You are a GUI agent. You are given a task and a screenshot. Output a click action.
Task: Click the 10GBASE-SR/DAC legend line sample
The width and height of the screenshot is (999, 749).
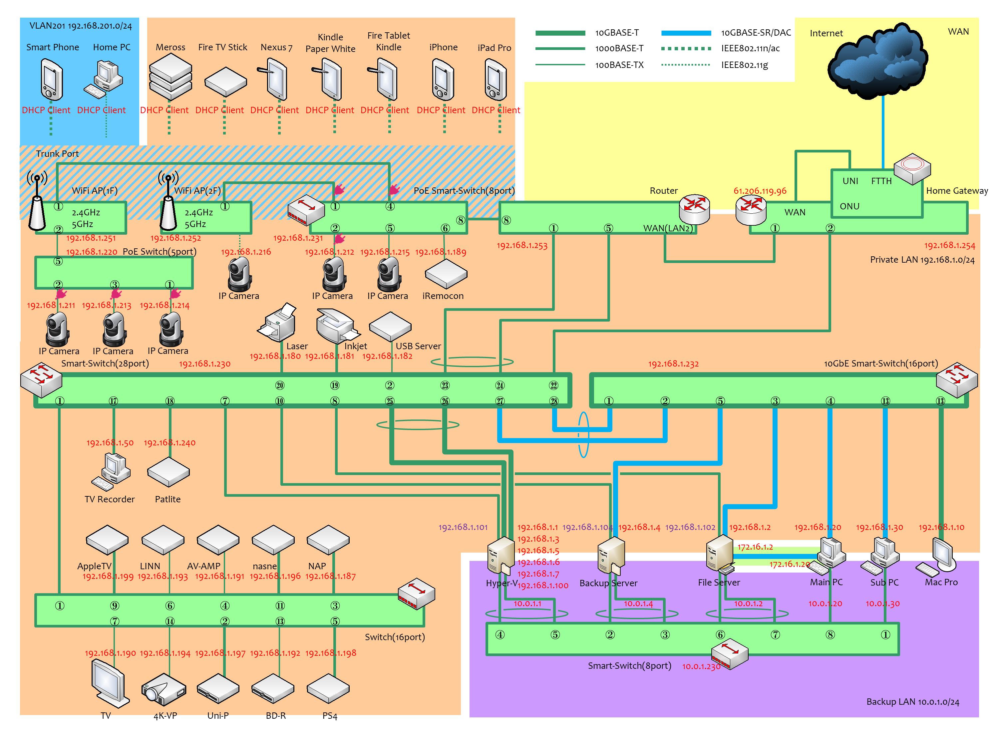686,33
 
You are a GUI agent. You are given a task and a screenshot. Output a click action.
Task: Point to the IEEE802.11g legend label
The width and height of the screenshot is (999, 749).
744,65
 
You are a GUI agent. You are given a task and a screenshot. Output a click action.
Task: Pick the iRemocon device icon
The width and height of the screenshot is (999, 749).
446,274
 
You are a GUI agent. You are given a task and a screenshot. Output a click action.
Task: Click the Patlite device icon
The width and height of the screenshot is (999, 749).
168,472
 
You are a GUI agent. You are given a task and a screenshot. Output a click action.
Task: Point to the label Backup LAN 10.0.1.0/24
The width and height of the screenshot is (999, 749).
912,702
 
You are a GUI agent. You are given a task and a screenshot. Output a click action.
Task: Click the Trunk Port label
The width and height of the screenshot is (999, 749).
57,154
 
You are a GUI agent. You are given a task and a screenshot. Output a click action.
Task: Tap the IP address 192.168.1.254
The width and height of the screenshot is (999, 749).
949,246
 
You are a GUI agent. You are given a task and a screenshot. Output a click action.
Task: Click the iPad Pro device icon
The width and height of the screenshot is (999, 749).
496,80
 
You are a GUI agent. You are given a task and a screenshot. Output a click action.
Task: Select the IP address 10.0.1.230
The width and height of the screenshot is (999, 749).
701,666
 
